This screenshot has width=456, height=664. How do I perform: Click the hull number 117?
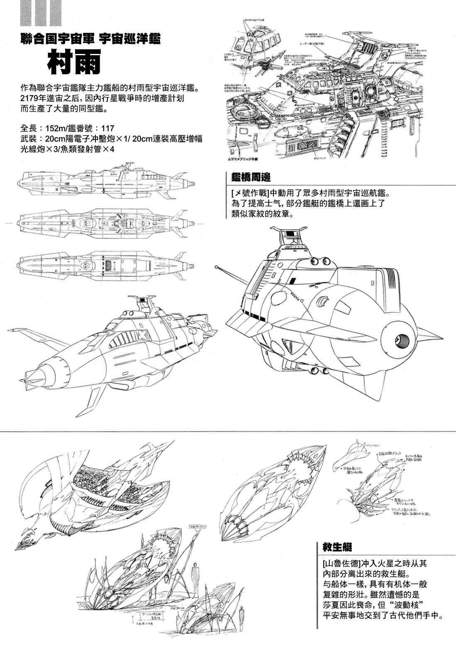pyautogui.click(x=107, y=128)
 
